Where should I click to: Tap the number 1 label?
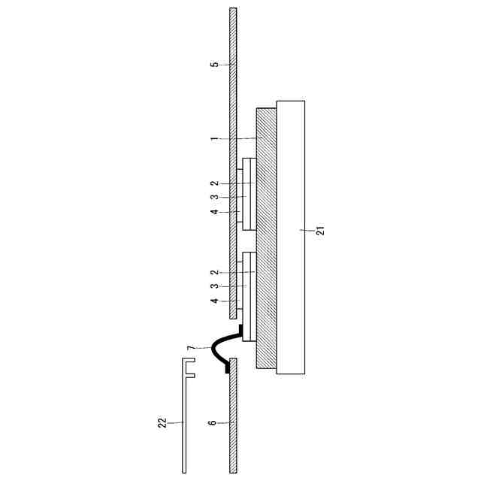pyautogui.click(x=214, y=139)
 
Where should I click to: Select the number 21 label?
pyautogui.click(x=320, y=231)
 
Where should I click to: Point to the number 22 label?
pyautogui.click(x=162, y=422)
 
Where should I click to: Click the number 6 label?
pyautogui.click(x=212, y=422)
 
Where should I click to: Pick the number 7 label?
pyautogui.click(x=191, y=348)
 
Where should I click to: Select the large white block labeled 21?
pyautogui.click(x=291, y=237)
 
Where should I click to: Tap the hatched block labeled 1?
pyautogui.click(x=266, y=238)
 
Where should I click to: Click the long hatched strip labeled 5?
pyautogui.click(x=233, y=163)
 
